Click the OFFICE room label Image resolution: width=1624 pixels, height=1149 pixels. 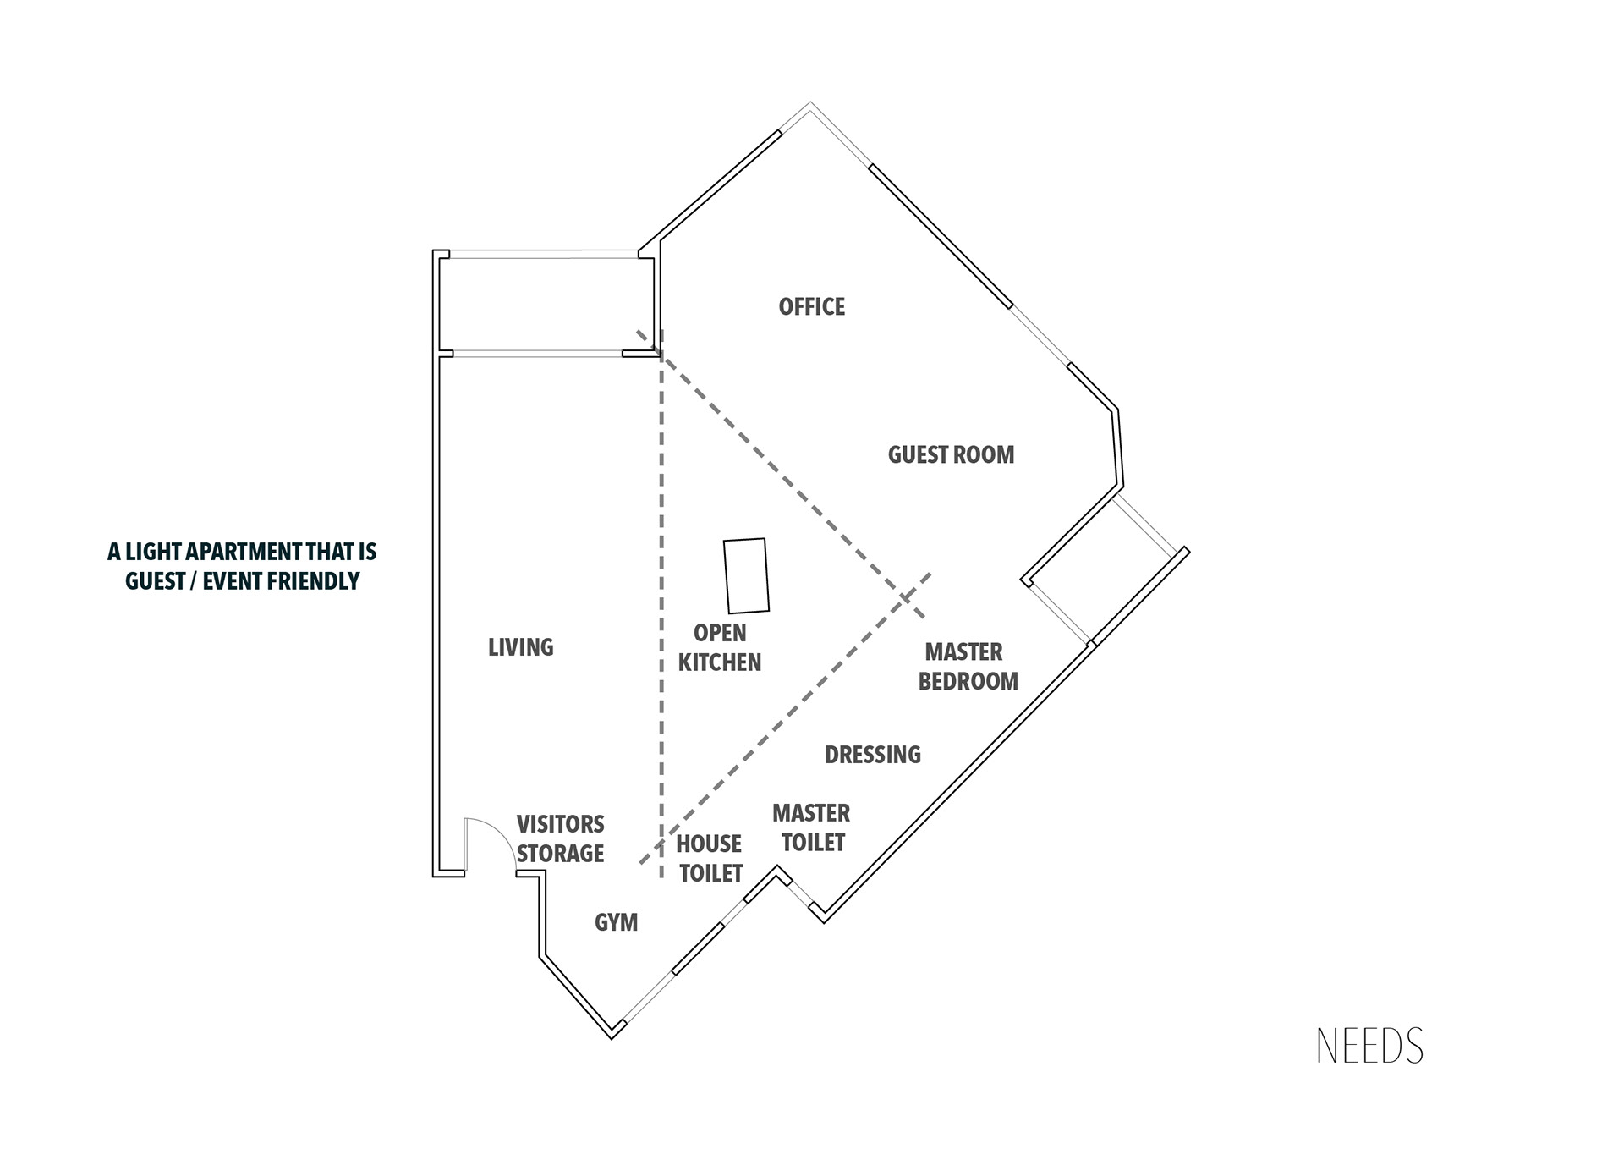pos(811,306)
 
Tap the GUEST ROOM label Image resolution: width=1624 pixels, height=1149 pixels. pos(951,454)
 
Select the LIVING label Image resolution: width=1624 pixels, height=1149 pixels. pos(520,647)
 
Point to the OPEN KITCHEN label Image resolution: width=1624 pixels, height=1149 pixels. pos(720,647)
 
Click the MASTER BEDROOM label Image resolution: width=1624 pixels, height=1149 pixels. pos(968,667)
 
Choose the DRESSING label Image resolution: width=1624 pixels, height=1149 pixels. pos(872,755)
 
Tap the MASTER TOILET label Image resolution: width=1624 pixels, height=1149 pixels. pos(811,827)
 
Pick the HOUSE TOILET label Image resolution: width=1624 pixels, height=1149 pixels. pos(710,858)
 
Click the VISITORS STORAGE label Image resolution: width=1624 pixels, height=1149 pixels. pos(560,838)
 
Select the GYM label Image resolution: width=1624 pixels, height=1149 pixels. pos(616,922)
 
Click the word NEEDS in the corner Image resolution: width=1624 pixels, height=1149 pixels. pos(1369,1047)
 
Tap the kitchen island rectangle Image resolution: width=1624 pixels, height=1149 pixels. pos(746,575)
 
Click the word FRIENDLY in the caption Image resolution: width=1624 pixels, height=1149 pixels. pos(313,581)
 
